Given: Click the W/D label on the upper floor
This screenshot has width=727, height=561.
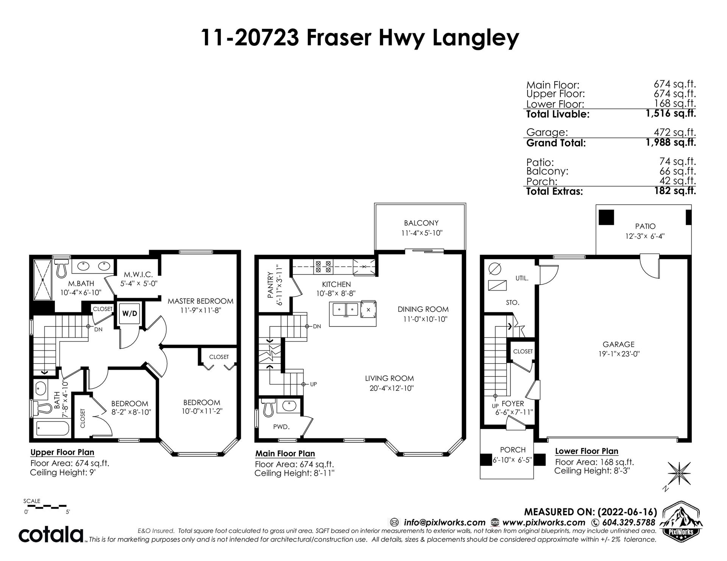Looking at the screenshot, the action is (x=129, y=314).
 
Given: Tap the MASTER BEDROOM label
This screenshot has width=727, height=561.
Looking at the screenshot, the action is (x=201, y=301).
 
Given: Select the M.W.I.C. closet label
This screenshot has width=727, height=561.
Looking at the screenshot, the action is (x=138, y=274).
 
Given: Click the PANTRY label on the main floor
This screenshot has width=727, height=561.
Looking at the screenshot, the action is (x=270, y=285).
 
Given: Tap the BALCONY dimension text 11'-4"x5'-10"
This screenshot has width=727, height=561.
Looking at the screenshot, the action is (x=422, y=233).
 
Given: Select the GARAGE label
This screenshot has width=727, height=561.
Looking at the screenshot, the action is (x=619, y=344).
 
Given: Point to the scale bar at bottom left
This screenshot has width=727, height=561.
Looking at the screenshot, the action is (x=45, y=505).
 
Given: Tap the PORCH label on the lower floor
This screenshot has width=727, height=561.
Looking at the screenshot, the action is (x=513, y=450).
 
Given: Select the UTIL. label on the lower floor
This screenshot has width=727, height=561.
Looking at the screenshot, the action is (x=522, y=278).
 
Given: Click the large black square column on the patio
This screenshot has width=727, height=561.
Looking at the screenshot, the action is (x=606, y=217).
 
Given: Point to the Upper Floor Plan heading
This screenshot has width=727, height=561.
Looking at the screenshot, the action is (x=62, y=452).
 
